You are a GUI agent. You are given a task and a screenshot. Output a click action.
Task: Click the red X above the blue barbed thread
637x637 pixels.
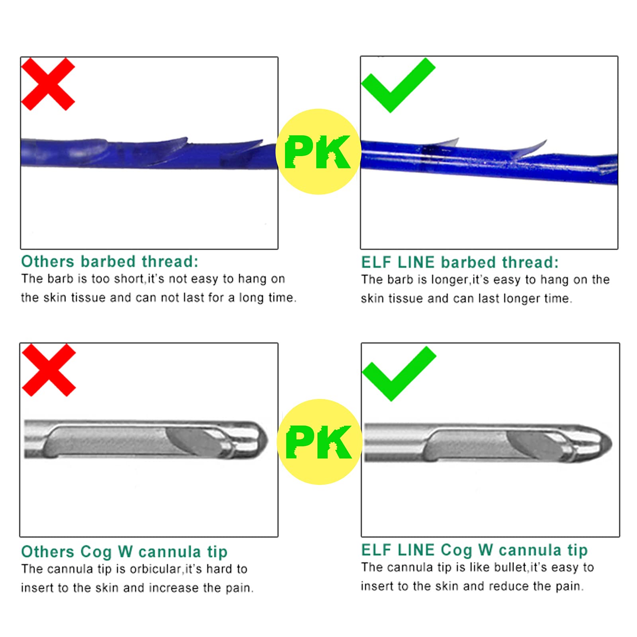pos(48,84)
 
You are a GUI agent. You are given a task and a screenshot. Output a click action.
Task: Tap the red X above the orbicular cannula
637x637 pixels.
pos(49,370)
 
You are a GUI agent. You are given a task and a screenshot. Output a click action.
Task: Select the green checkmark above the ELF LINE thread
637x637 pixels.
pos(398,85)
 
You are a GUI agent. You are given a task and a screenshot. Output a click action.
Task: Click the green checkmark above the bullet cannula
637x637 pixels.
pos(399,373)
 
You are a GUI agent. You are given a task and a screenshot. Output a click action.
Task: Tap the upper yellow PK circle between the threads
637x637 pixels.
pos(318,152)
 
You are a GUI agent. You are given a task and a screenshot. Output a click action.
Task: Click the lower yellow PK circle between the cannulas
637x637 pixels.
pos(320,442)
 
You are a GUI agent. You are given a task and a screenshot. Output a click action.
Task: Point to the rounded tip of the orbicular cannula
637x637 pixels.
pos(261,440)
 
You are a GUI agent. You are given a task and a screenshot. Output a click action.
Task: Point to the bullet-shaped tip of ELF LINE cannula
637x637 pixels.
pos(603,443)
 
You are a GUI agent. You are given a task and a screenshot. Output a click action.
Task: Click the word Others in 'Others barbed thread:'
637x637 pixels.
pos(48,262)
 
